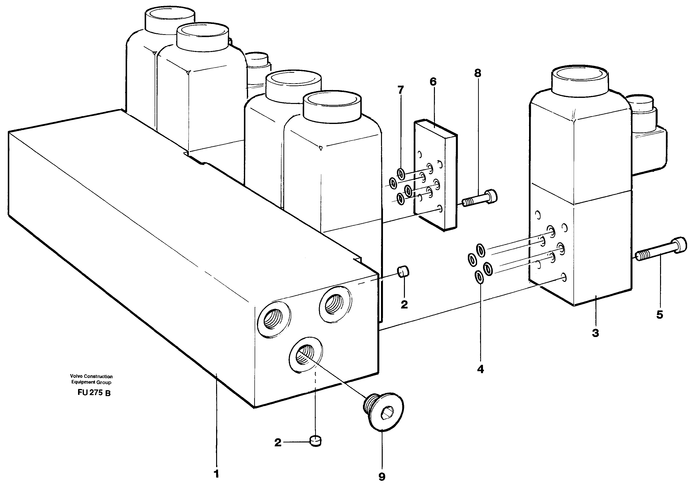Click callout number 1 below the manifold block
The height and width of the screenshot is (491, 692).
pos(216,474)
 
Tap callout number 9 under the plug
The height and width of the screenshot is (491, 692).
pos(382,477)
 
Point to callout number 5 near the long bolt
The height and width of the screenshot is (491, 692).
pos(659,315)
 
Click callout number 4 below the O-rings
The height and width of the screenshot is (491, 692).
pos(480,369)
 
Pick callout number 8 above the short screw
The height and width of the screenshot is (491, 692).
pos(477,73)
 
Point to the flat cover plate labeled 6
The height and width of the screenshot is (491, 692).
pos(435,175)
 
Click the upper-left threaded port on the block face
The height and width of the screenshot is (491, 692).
pos(273,319)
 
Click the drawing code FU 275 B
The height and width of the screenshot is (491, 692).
pos(94,393)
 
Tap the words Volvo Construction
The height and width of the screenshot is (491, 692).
pos(91,376)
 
